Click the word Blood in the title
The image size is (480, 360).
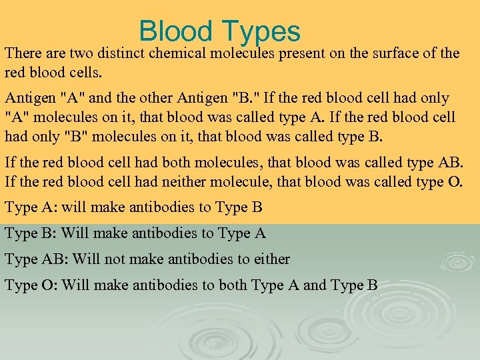[x=175, y=31]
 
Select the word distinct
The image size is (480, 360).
[x=124, y=53]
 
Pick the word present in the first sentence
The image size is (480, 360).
[x=301, y=53]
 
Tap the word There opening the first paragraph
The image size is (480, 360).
[x=24, y=53]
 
